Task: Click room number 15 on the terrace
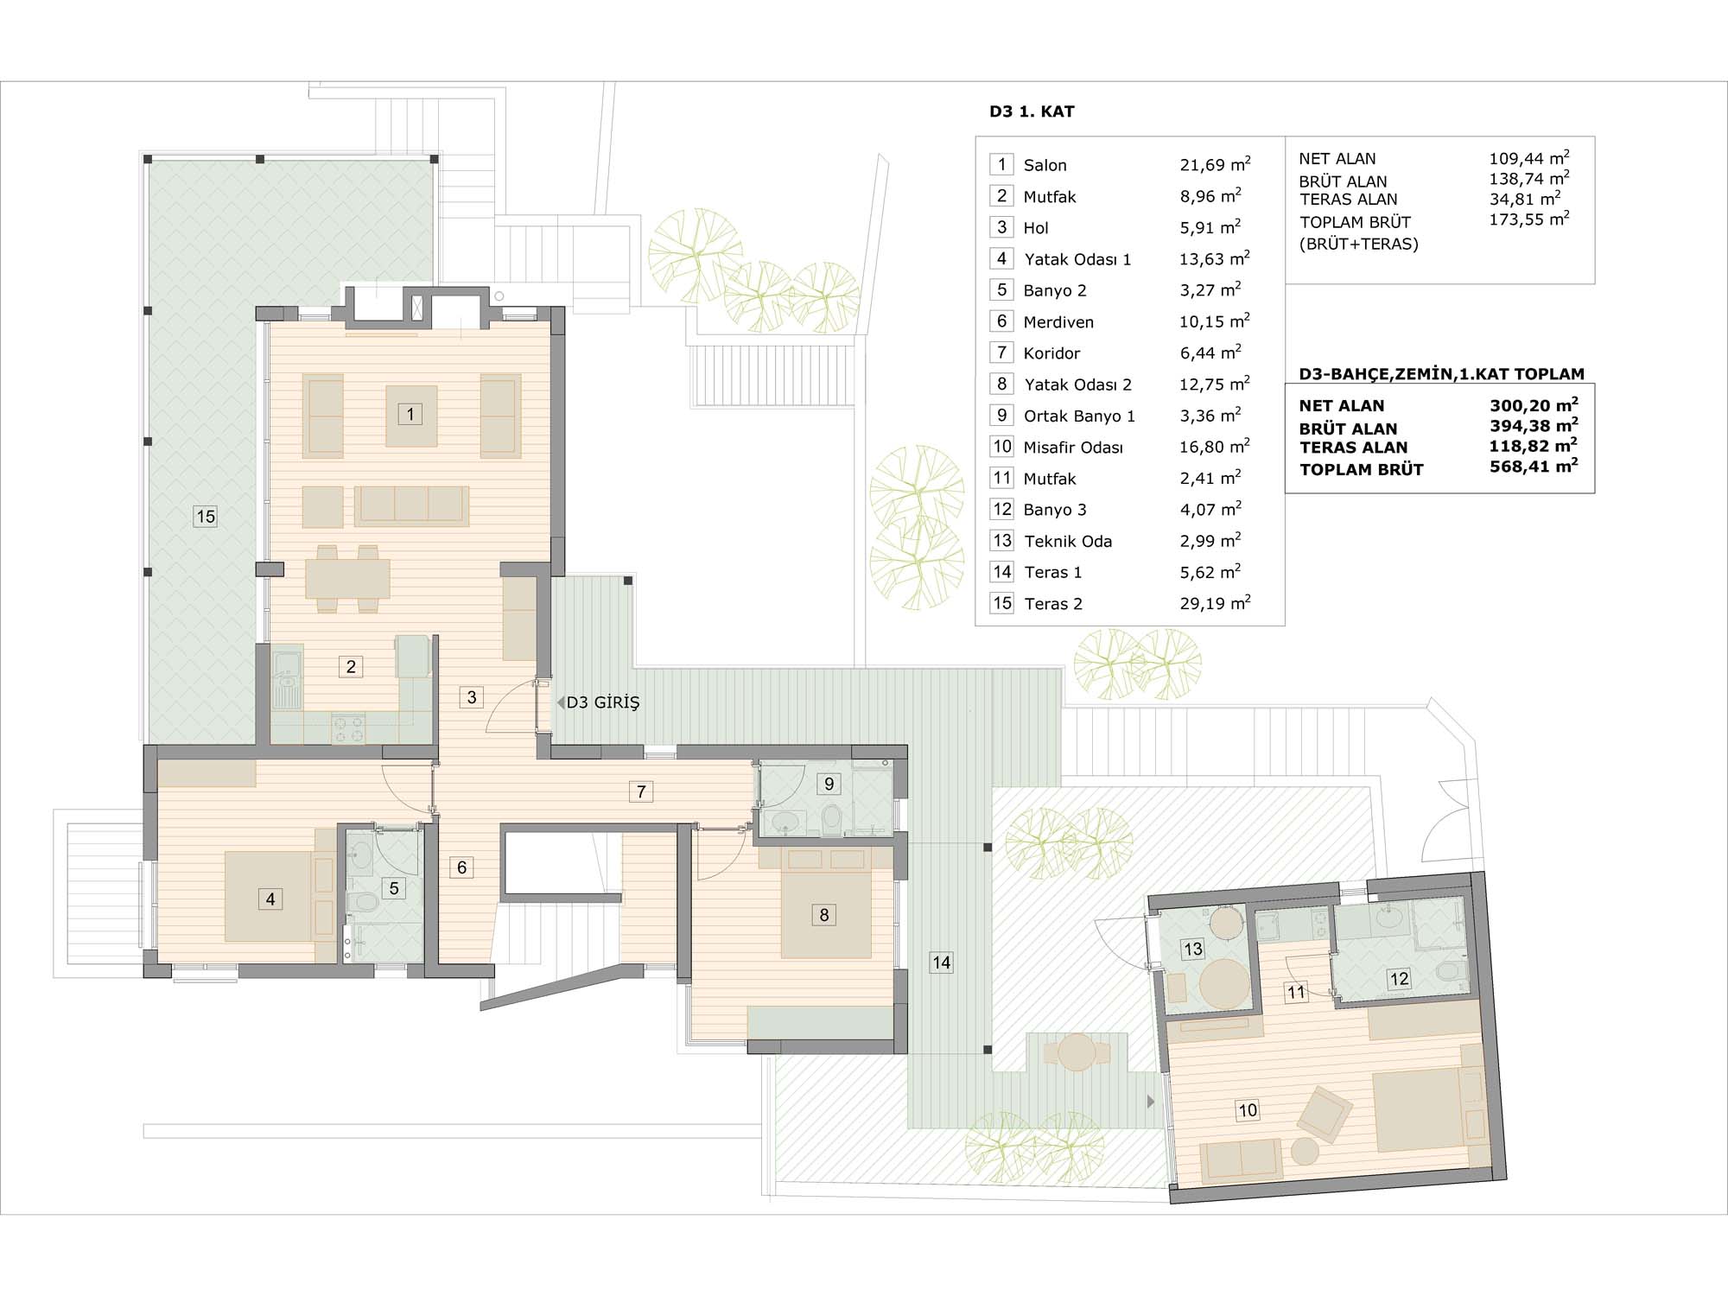click(205, 517)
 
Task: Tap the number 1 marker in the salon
click(410, 414)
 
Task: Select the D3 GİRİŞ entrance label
click(603, 702)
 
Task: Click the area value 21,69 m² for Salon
click(1215, 164)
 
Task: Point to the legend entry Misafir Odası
click(1073, 448)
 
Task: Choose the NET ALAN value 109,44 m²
click(1528, 158)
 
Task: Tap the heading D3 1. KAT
click(1032, 111)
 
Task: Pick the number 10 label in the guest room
click(1248, 1110)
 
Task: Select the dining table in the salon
click(347, 579)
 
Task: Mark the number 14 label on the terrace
click(941, 962)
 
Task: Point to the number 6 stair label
click(462, 867)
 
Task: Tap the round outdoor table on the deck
click(1077, 1052)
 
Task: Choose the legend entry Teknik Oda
click(1068, 542)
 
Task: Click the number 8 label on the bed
click(824, 915)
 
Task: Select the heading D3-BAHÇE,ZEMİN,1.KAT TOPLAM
click(1442, 374)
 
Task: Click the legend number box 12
click(1002, 509)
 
